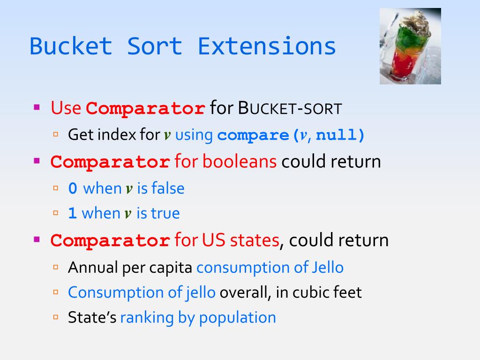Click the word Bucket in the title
71,47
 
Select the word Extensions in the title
267,47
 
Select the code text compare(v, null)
291,135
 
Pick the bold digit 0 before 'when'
72,189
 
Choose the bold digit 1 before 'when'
72,214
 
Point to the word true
165,214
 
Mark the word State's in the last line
92,317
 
